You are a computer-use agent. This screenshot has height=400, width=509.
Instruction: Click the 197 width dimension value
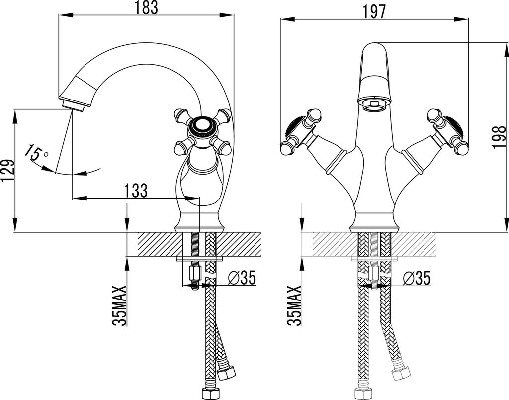(x=373, y=12)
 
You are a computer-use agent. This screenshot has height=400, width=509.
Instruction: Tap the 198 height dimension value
(x=499, y=137)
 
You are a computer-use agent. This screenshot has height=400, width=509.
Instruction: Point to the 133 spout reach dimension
(x=135, y=190)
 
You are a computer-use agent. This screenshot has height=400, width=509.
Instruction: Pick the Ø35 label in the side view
(x=242, y=278)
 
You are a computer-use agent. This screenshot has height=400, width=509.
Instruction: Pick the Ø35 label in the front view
(x=417, y=278)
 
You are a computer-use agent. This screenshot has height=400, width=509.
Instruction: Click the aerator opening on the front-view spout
(x=374, y=105)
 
